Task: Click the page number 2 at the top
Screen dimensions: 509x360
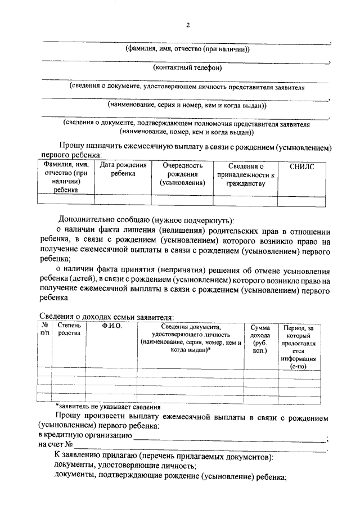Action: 188,25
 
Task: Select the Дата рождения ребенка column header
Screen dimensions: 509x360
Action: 123,170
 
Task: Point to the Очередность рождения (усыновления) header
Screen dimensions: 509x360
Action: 182,174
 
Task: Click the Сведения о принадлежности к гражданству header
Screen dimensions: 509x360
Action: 246,174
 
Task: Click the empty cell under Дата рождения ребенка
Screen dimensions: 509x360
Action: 123,199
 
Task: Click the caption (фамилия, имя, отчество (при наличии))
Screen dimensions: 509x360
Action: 188,49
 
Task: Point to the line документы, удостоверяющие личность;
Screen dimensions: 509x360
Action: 125,466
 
